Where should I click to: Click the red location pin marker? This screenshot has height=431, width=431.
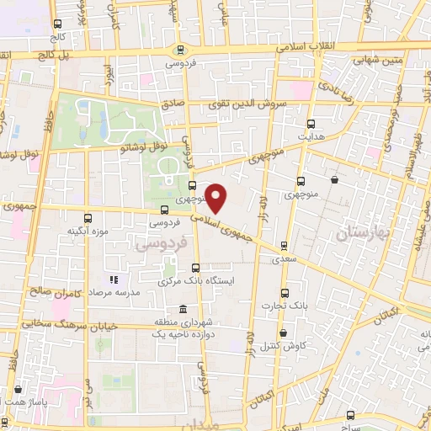click(x=217, y=199)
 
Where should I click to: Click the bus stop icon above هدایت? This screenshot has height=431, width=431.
click(x=311, y=122)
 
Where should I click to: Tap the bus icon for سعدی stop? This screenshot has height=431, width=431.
click(x=284, y=247)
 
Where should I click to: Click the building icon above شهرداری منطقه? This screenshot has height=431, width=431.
click(x=183, y=311)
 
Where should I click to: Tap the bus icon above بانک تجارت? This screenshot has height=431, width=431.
click(x=284, y=293)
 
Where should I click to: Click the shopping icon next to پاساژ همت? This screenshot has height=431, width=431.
click(x=18, y=390)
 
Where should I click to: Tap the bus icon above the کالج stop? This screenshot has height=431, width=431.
click(x=56, y=24)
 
